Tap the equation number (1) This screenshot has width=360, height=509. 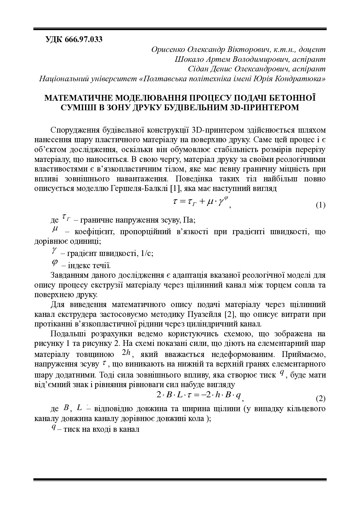coord(320,205)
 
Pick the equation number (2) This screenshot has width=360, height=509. coord(320,399)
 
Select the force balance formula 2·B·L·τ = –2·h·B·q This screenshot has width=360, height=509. coord(199,395)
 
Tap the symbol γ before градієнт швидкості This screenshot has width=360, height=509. coord(54,250)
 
